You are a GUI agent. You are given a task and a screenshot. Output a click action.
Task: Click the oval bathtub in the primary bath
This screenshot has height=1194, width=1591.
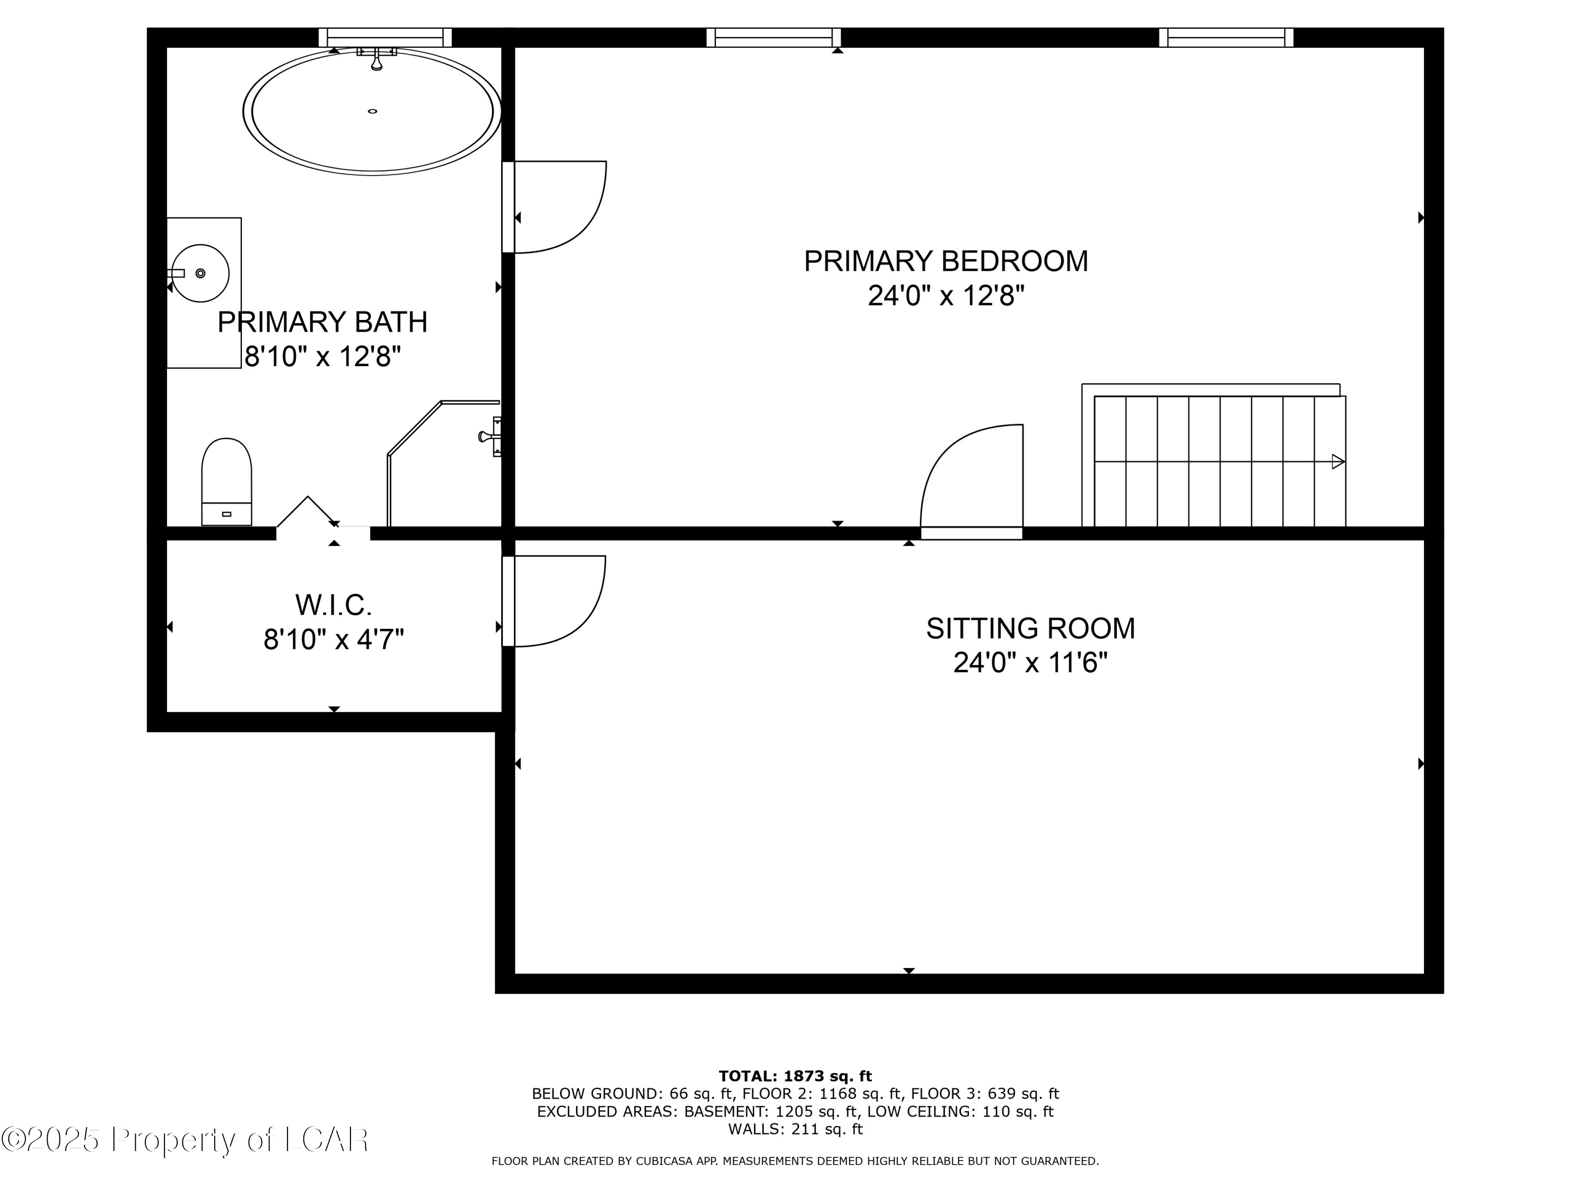[372, 111]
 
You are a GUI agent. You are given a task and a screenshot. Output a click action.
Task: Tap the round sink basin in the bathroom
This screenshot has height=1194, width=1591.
[200, 273]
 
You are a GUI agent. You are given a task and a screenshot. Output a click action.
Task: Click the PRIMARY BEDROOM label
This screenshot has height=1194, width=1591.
[945, 261]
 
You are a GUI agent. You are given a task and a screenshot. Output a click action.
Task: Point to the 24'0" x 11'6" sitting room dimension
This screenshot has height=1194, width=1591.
[1029, 663]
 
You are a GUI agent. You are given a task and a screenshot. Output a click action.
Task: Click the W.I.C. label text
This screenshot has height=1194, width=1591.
[334, 605]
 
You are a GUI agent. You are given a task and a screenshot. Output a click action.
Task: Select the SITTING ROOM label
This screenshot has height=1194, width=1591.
[1030, 628]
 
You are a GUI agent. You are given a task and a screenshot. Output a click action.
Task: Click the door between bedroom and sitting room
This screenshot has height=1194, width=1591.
[972, 479]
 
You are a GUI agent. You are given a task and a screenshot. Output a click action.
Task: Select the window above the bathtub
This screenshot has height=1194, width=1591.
[385, 38]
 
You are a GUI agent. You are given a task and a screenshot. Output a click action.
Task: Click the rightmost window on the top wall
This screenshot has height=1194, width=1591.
[1226, 38]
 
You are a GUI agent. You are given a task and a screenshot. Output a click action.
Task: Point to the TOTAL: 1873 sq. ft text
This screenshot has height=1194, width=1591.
[795, 1076]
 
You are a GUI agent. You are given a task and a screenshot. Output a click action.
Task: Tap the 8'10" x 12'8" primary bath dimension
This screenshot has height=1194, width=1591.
[322, 356]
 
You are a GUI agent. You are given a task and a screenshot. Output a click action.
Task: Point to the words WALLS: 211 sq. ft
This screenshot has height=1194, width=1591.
[795, 1129]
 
